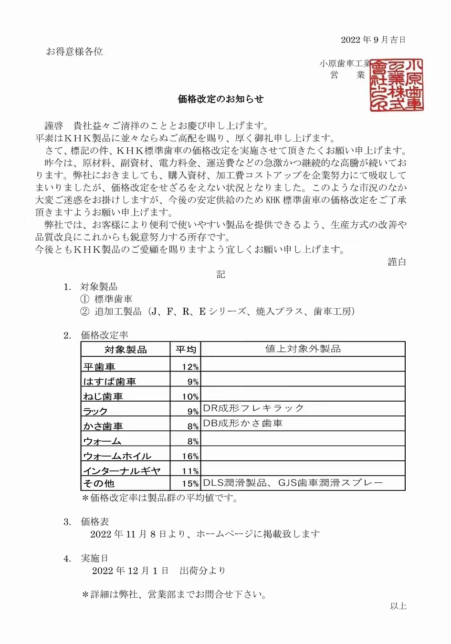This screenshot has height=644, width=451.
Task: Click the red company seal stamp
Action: [x=397, y=85]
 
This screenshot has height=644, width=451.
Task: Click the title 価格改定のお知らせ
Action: [x=220, y=99]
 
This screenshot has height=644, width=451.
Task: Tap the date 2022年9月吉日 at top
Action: [x=373, y=40]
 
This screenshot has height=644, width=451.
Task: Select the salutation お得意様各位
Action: [x=74, y=52]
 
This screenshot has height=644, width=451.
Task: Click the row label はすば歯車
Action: [x=110, y=382]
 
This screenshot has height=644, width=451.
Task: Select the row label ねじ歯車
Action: [x=103, y=396]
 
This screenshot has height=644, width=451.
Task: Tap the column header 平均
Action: [x=186, y=350]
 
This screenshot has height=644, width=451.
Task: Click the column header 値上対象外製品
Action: [x=303, y=349]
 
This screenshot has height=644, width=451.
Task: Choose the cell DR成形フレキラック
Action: [x=253, y=408]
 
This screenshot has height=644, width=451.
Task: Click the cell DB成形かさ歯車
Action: [x=243, y=423]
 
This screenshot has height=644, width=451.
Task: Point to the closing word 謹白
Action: [x=397, y=261]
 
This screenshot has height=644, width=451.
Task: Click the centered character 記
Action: [x=220, y=274]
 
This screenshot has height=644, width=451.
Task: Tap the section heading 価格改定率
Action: [x=105, y=335]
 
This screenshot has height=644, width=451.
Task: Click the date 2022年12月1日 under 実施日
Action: [x=130, y=571]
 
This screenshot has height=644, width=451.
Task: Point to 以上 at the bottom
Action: [x=398, y=606]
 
